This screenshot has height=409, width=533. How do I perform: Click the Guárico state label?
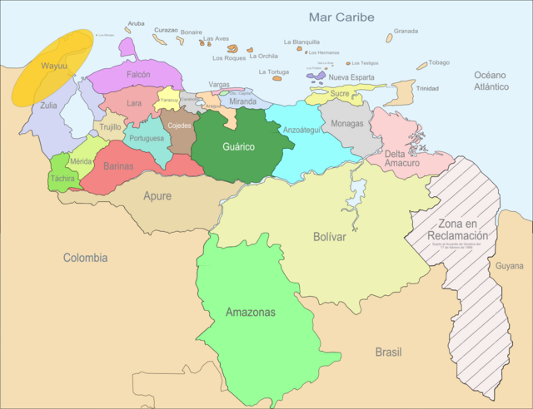(x=238, y=147)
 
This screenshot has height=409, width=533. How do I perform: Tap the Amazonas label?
(x=251, y=313)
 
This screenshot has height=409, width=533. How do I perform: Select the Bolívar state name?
(x=331, y=237)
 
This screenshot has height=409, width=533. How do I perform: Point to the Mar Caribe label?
(x=341, y=17)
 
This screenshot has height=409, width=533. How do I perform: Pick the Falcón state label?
(x=138, y=74)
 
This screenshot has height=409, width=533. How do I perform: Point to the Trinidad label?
(x=427, y=88)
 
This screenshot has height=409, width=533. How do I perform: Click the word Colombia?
(x=85, y=258)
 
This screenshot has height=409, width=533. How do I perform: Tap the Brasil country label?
(x=388, y=352)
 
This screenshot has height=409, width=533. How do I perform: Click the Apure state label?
(x=157, y=197)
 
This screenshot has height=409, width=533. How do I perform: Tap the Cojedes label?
(x=179, y=126)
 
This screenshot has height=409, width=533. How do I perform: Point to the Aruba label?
(x=136, y=24)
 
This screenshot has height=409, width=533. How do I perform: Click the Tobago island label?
(x=439, y=62)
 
